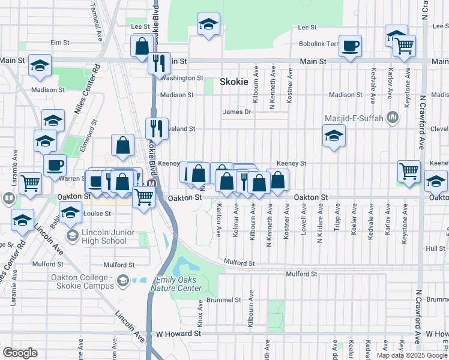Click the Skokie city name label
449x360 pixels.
pyautogui.click(x=234, y=82)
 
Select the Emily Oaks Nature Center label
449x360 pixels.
pyautogui.click(x=179, y=284)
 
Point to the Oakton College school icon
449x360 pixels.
pyautogui.click(x=123, y=280)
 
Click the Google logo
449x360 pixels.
pyautogui.click(x=20, y=353)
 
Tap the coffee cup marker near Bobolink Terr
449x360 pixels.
pyautogui.click(x=350, y=46)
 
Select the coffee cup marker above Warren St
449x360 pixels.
pyautogui.click(x=55, y=165)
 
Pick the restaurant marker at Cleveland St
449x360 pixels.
pyautogui.click(x=154, y=128)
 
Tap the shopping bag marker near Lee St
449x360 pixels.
pyautogui.click(x=142, y=46)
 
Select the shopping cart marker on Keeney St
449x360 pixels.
pyautogui.click(x=409, y=171)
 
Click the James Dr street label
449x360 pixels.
pyautogui.click(x=237, y=112)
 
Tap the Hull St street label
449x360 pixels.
pyautogui.click(x=435, y=248)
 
